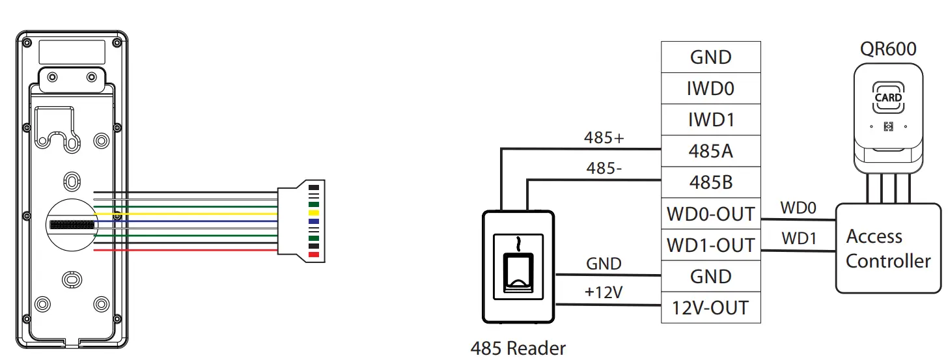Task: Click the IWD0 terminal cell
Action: tap(710, 89)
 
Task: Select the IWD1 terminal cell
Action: tap(710, 120)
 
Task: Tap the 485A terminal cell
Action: tap(710, 151)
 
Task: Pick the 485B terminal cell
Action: tap(710, 182)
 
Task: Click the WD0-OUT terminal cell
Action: tap(710, 214)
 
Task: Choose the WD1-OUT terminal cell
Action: tap(710, 245)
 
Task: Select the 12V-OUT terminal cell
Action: tap(710, 307)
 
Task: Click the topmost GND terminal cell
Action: tap(710, 57)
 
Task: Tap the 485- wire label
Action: tap(604, 169)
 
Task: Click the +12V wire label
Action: tap(604, 293)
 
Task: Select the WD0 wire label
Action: tap(798, 208)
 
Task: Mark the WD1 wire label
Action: tap(798, 239)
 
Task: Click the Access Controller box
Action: tap(888, 248)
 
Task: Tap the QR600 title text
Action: tap(888, 49)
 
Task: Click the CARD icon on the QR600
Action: tap(888, 98)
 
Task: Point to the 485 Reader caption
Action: tap(518, 348)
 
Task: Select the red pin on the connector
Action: tap(313, 254)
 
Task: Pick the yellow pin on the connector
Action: tap(313, 213)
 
